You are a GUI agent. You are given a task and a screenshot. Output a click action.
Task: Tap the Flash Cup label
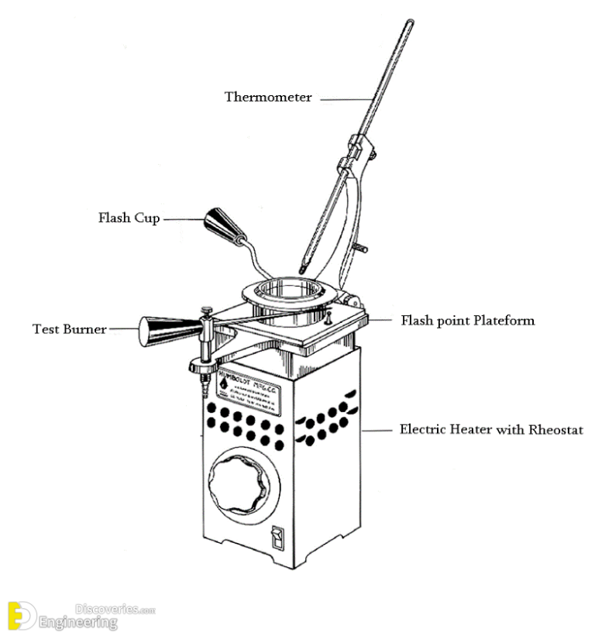129,218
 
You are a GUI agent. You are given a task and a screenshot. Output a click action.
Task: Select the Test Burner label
69,328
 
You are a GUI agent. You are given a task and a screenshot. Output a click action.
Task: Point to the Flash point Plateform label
467,320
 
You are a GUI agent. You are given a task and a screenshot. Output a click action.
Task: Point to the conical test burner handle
164,332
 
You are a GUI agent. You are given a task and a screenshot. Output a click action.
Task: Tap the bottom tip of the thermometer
302,268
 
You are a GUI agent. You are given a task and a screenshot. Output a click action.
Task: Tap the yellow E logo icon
18,615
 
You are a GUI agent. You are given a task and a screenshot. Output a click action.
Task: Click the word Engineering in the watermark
78,621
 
